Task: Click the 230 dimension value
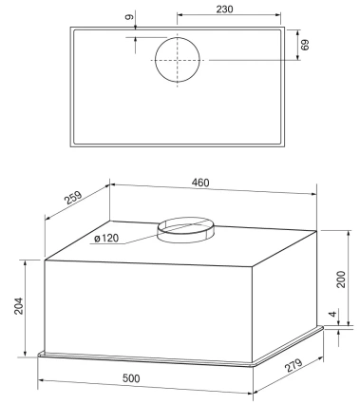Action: click(x=224, y=10)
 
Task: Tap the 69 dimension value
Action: click(x=305, y=45)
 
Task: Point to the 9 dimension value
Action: click(x=129, y=17)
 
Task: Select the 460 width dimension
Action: click(x=200, y=183)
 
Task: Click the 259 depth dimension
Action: click(x=73, y=198)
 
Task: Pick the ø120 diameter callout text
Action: click(x=106, y=239)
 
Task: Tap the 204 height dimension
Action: click(x=19, y=305)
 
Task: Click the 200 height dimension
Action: click(x=341, y=279)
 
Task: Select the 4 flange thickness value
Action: click(x=332, y=314)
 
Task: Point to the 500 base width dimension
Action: click(x=131, y=378)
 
